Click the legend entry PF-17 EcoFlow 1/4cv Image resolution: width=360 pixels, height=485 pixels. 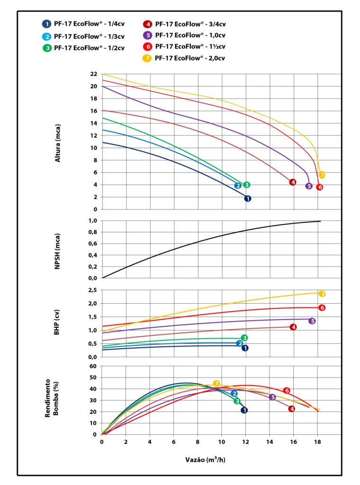83,24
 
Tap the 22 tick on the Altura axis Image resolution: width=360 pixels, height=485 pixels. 93,74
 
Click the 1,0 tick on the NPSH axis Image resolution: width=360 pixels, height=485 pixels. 92,221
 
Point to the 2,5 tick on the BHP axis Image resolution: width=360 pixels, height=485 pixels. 92,290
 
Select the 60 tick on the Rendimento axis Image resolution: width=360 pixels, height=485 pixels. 93,366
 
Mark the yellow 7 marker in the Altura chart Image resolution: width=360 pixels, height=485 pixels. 322,175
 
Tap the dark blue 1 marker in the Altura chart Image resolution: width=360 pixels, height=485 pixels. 247,198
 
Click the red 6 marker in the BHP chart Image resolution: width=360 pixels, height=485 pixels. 322,308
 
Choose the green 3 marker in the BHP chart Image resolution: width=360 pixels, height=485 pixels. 244,338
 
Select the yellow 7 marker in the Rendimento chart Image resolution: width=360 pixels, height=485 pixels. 216,383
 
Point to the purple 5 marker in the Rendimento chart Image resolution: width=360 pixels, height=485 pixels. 272,397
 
